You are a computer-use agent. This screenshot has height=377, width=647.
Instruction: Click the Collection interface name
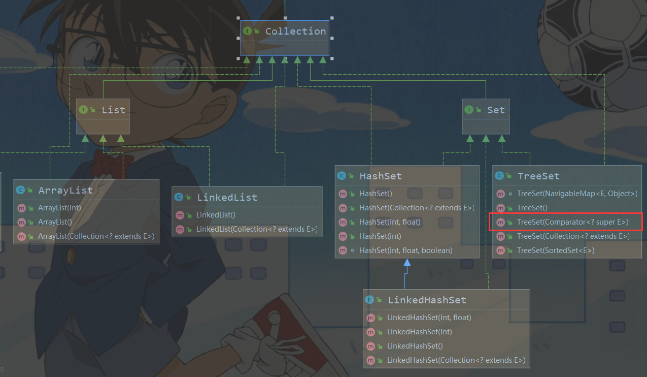point(295,32)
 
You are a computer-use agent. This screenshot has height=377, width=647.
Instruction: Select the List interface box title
point(113,110)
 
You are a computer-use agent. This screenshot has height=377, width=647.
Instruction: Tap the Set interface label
point(496,110)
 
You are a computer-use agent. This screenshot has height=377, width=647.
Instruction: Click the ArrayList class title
point(65,190)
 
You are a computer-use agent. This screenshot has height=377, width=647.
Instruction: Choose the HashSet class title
point(380,176)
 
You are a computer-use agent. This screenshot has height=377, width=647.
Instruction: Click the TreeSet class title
point(538,176)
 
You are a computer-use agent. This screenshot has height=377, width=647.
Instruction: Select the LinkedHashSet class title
point(427,300)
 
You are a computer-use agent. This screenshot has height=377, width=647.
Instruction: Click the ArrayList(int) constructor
point(59,208)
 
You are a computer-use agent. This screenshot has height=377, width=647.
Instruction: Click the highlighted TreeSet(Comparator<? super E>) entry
point(572,222)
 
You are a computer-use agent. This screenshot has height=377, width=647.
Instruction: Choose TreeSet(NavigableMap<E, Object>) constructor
point(576,194)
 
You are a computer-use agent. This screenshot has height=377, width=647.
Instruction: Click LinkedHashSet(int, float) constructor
point(429,318)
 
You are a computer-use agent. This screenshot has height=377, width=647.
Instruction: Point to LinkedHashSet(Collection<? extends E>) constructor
point(455,360)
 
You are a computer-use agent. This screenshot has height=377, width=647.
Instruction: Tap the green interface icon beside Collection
point(247,32)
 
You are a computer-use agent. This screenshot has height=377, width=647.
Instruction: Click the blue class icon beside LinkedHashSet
point(369,300)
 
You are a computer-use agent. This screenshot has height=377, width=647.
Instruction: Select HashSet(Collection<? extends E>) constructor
point(416,208)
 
